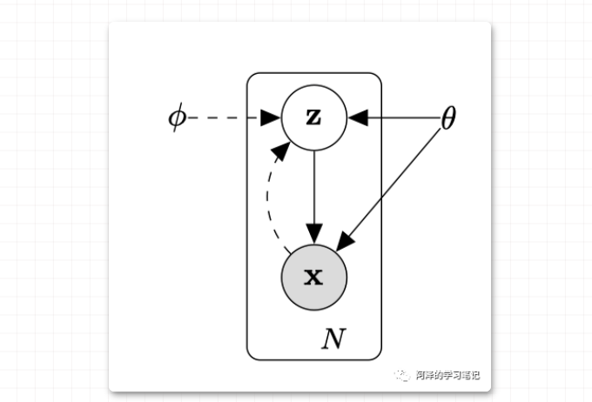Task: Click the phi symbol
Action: [177, 117]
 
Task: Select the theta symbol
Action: [448, 118]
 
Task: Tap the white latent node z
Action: [314, 117]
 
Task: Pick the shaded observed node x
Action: [314, 278]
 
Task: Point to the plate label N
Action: [333, 338]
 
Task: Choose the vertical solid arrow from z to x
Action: [314, 191]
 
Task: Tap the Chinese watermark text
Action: [447, 376]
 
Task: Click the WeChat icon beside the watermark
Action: [403, 376]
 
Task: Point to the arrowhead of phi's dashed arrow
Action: [271, 117]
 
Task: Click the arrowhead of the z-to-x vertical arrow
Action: [314, 233]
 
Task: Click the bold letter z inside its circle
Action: [313, 117]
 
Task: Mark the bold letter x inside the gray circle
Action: [313, 278]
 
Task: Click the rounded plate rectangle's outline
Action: [247, 218]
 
